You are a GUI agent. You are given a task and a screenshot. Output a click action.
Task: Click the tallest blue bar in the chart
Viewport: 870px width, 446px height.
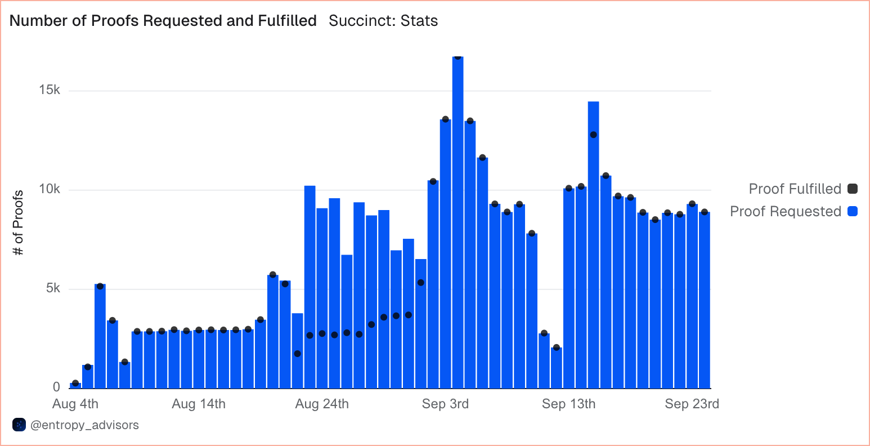[x=458, y=225]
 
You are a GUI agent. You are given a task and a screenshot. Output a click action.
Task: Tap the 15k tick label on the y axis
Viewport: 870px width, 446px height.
[x=50, y=90]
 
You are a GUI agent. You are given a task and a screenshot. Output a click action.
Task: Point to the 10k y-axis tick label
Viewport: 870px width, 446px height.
[x=50, y=189]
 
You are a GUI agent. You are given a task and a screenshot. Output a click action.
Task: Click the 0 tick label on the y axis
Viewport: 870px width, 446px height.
[x=56, y=387]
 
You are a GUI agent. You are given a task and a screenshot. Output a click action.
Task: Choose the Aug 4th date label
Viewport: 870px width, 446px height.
[x=75, y=404]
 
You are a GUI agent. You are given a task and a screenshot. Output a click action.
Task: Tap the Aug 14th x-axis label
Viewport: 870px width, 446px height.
[x=199, y=404]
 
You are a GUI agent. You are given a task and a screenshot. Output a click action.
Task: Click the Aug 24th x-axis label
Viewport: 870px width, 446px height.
[x=322, y=404]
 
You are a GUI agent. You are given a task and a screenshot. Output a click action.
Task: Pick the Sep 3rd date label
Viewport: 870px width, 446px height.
[x=445, y=404]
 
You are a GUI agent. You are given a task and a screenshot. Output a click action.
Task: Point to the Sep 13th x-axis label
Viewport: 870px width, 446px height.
[x=568, y=404]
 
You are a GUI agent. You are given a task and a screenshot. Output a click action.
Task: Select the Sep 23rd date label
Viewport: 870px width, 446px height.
[x=692, y=404]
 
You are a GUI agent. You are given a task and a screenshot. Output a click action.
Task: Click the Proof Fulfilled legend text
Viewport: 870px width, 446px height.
[x=795, y=189]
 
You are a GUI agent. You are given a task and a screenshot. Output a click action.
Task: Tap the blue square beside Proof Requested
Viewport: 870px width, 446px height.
[x=853, y=211]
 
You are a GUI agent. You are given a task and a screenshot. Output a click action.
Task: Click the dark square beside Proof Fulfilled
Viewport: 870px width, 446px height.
[x=853, y=189]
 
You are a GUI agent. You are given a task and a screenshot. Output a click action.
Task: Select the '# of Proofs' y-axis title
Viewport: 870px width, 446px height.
[x=19, y=223]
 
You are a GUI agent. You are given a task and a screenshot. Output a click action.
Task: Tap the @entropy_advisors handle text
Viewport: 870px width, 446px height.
[x=84, y=425]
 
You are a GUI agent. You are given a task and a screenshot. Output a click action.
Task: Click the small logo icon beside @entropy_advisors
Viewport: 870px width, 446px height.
[x=19, y=425]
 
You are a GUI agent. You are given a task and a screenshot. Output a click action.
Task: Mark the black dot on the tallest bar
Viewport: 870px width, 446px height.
[x=458, y=57]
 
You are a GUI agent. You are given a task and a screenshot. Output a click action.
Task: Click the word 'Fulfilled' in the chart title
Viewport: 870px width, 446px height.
[x=287, y=21]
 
